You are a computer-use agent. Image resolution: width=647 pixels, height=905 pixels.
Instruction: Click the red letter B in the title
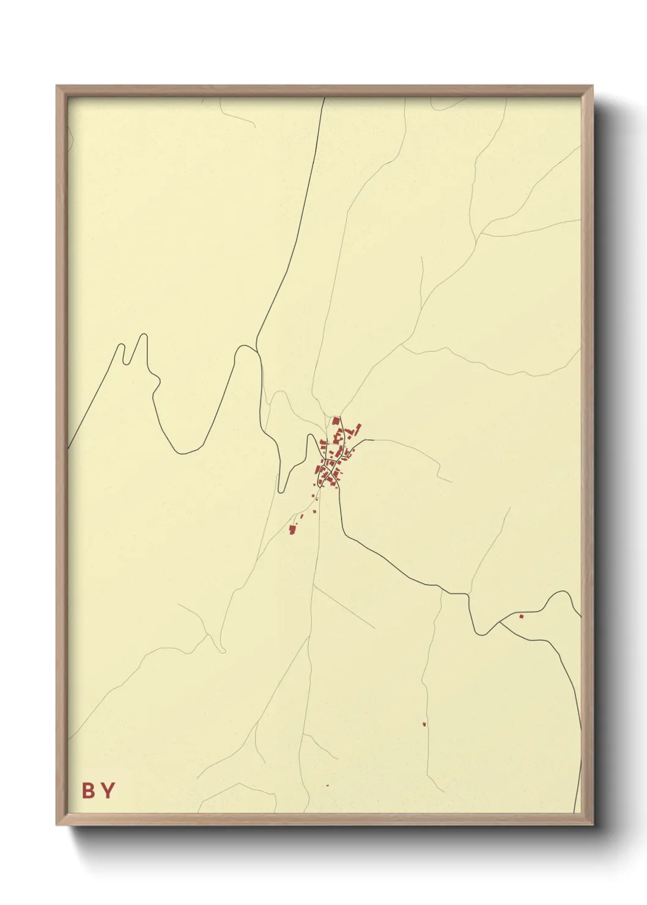89,791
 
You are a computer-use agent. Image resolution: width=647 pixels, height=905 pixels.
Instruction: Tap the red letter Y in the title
108,791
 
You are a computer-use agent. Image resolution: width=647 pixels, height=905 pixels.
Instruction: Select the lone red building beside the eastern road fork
521,616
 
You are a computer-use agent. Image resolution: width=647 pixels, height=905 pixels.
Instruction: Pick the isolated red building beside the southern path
424,725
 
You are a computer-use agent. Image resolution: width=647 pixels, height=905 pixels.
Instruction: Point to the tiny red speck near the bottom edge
327,785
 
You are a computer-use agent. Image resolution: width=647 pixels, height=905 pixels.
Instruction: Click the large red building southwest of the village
292,529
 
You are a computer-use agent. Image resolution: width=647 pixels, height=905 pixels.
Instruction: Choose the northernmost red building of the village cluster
336,421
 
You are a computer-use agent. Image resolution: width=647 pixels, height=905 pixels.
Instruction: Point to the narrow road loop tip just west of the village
281,491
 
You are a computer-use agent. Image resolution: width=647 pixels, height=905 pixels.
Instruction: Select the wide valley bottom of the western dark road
183,453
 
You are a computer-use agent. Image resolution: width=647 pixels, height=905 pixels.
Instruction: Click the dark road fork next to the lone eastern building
500,622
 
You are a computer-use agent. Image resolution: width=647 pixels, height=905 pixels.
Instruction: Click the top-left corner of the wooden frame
56,86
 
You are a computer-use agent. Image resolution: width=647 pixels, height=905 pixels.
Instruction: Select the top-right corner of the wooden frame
593,86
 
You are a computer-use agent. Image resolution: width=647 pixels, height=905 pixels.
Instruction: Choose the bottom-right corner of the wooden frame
593,826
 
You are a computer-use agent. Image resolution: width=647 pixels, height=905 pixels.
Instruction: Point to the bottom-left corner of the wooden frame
56,826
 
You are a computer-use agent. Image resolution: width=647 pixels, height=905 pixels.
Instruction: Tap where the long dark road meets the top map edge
324,98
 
